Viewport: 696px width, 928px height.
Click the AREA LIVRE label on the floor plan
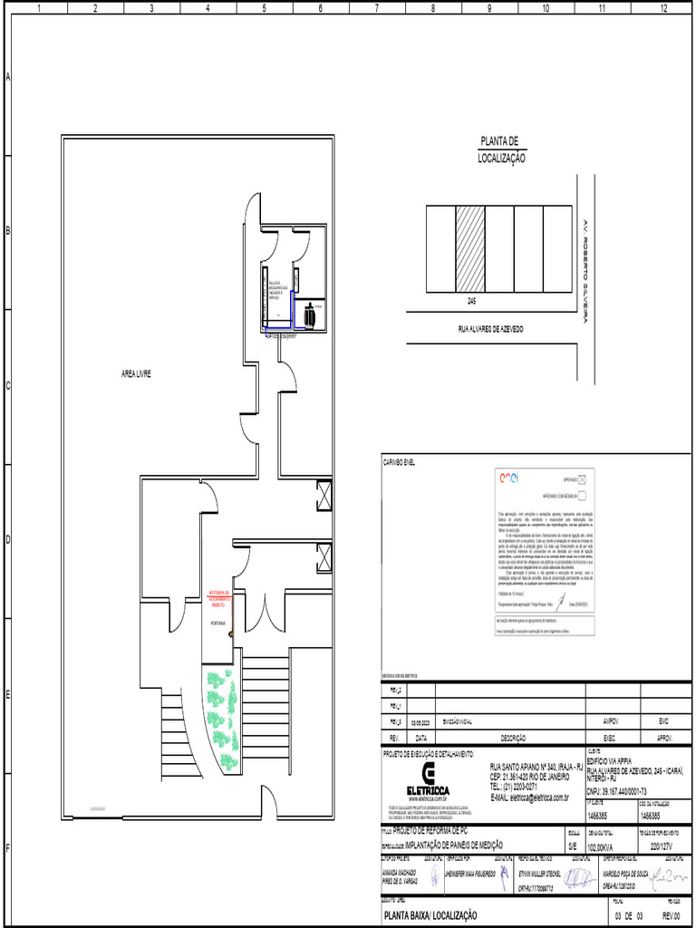136,373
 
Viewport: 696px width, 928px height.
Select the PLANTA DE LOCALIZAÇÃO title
501,150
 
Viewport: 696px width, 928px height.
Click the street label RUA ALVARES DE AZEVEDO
490,329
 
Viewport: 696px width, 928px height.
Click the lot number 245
472,298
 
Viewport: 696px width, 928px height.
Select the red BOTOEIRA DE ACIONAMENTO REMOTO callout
220,599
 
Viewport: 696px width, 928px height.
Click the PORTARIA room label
217,623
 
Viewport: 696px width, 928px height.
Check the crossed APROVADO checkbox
583,479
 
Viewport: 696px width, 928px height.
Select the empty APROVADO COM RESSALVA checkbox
583,496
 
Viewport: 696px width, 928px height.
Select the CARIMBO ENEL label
402,462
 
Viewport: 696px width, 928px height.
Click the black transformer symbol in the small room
310,314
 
